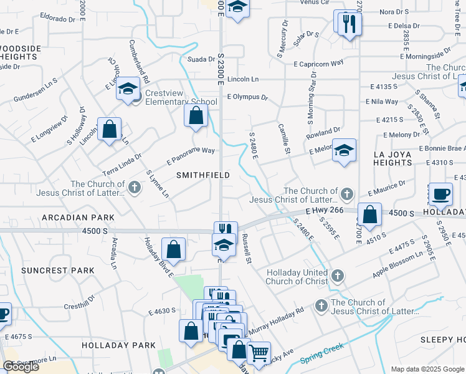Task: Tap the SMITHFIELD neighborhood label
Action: [199, 175]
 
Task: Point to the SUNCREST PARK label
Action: [57, 271]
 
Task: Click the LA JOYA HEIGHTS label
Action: [392, 158]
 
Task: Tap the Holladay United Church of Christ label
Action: [297, 277]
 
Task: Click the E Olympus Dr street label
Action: [247, 97]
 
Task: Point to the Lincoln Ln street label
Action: [243, 80]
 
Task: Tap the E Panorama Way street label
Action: [191, 155]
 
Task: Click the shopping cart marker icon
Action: [259, 353]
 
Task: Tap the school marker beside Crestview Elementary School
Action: [128, 89]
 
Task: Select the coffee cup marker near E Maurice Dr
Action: [441, 193]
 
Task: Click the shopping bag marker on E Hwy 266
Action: [370, 214]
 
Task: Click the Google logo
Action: [21, 367]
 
